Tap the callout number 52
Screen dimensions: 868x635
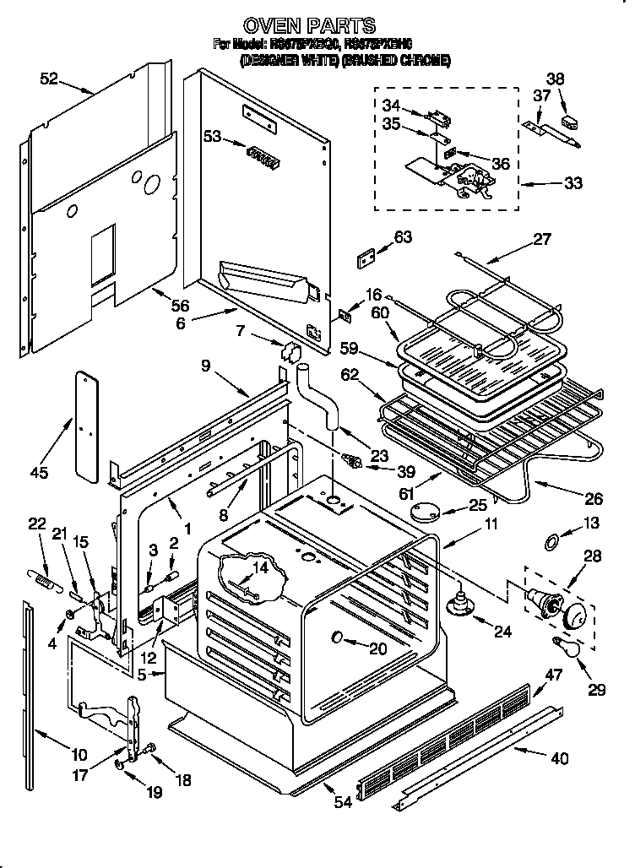click(49, 79)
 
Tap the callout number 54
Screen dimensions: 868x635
click(343, 802)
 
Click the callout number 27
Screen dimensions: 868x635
click(541, 239)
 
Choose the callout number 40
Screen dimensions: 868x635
click(559, 758)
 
